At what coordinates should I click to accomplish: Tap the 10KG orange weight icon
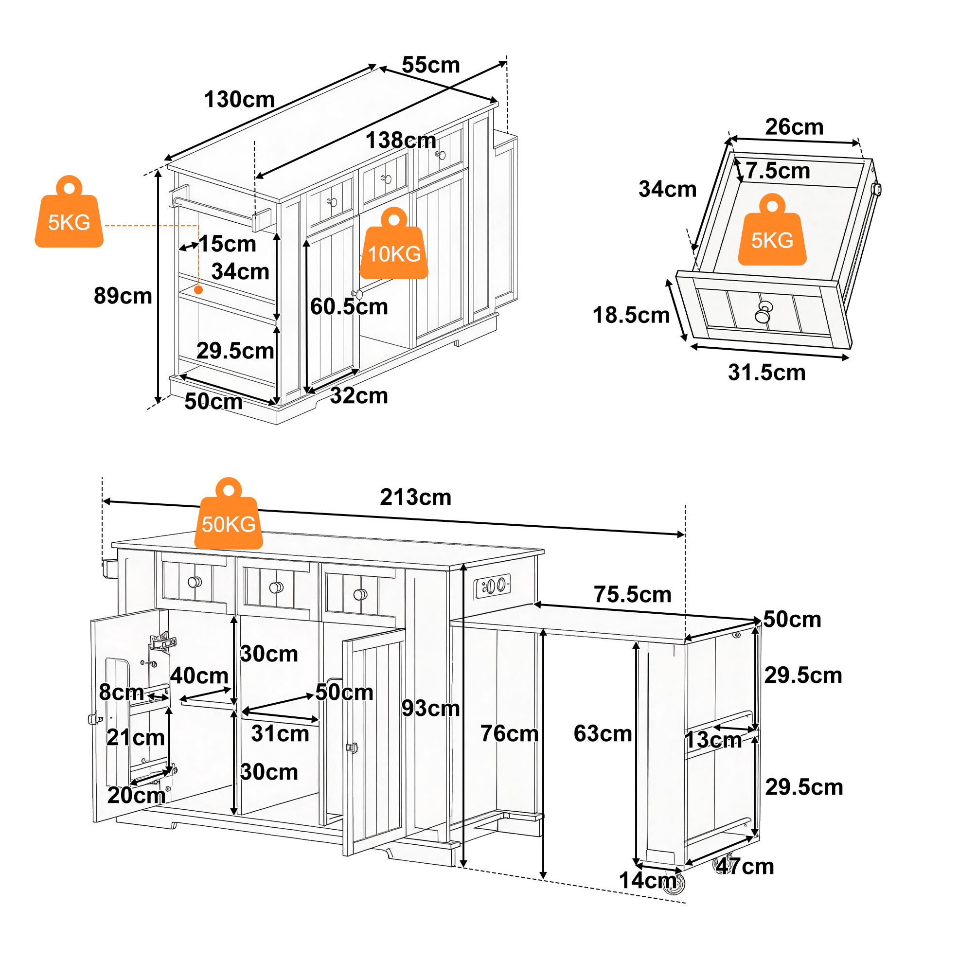coord(394,244)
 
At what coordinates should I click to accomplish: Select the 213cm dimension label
coord(416,498)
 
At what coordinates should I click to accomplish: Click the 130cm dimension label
coord(240,100)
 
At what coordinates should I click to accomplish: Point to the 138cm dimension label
coord(401,140)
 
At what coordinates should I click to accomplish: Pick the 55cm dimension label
coord(431,65)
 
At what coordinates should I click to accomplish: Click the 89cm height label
coord(123,296)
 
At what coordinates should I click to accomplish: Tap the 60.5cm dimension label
coord(349,306)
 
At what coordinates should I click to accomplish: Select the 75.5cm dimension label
coord(633,594)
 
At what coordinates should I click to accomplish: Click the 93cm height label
coord(431,708)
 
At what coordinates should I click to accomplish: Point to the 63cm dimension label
coord(603,734)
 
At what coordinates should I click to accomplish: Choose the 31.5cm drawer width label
coord(767,373)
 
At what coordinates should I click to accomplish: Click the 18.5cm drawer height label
coord(632,315)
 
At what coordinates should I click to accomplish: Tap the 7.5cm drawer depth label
coord(778,171)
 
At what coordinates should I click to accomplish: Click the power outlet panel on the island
coord(493,586)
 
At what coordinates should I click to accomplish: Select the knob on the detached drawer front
coord(764,312)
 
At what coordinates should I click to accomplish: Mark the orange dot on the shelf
coord(198,289)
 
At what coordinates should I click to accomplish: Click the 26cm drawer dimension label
coord(794,127)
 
